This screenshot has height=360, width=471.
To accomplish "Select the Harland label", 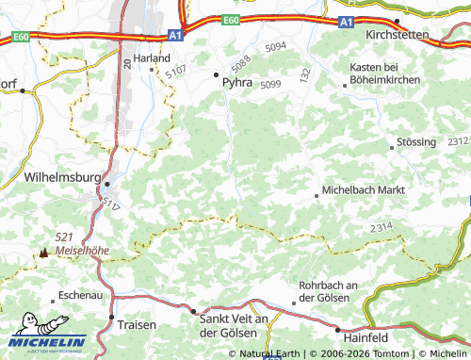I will click(152, 57).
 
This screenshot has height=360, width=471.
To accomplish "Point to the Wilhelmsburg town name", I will click(61, 175).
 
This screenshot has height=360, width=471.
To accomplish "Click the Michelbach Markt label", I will click(364, 189).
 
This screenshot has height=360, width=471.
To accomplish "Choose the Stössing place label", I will click(418, 142).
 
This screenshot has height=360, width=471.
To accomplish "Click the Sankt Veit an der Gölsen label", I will click(235, 326).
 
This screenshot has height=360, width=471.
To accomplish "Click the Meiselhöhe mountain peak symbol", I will click(42, 253).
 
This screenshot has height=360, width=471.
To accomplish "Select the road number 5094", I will click(275, 46).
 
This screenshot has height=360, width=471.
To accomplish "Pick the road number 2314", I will click(382, 227).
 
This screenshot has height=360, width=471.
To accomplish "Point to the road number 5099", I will click(270, 85).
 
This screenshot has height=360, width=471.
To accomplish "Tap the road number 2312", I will click(458, 140).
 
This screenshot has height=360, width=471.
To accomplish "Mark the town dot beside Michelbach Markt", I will click(317, 196).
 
